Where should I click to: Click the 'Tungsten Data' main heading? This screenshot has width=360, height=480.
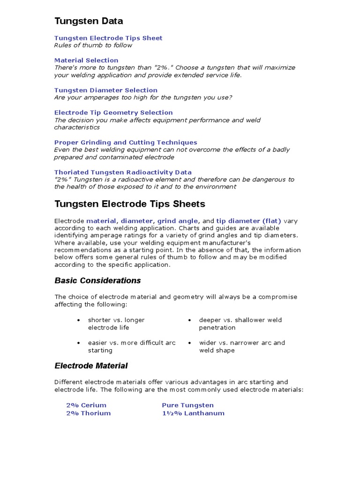pos(89,21)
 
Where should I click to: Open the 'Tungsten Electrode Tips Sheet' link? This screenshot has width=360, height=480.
pos(108,38)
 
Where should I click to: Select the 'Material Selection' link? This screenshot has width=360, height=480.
pos(86,60)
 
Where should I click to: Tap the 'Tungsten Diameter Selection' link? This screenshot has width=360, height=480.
pos(106,90)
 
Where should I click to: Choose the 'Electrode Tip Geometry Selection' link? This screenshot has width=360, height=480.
pos(113,112)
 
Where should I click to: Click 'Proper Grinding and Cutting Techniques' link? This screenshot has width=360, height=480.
pos(126,142)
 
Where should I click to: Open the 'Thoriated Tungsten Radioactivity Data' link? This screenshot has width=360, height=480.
pos(123,172)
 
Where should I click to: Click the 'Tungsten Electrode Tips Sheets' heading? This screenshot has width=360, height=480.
pos(130,204)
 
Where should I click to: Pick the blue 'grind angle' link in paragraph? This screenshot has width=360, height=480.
pos(178,220)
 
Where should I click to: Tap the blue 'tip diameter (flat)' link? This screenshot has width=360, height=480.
pos(248,220)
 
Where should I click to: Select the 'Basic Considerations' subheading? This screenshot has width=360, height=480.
pos(97,281)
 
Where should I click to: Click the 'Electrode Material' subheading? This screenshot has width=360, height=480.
pos(91,366)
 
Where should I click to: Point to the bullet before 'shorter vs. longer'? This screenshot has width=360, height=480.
pos(78,320)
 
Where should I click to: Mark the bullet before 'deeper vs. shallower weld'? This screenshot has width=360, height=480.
pos(189,320)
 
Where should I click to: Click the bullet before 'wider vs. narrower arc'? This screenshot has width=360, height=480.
pos(189,343)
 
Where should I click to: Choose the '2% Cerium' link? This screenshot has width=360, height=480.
pos(86,405)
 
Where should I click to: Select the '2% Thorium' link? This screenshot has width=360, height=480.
pos(89,413)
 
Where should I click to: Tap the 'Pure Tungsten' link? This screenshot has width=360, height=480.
pos(187,405)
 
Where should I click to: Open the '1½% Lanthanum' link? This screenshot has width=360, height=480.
pos(193,413)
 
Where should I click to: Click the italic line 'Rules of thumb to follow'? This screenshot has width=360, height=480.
pos(93,45)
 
